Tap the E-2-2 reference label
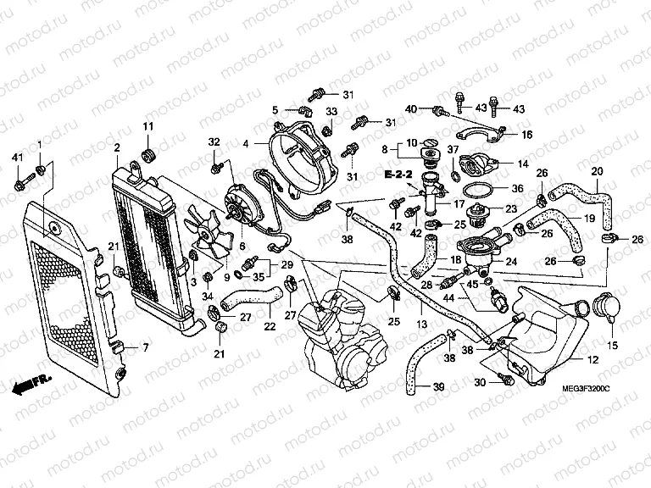click(396, 175)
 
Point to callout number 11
click(146, 127)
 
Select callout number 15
click(610, 346)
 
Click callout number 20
click(597, 172)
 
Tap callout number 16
click(526, 134)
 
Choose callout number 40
click(411, 109)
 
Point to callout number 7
click(145, 348)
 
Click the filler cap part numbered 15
click(607, 306)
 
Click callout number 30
click(480, 383)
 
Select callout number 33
click(331, 112)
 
